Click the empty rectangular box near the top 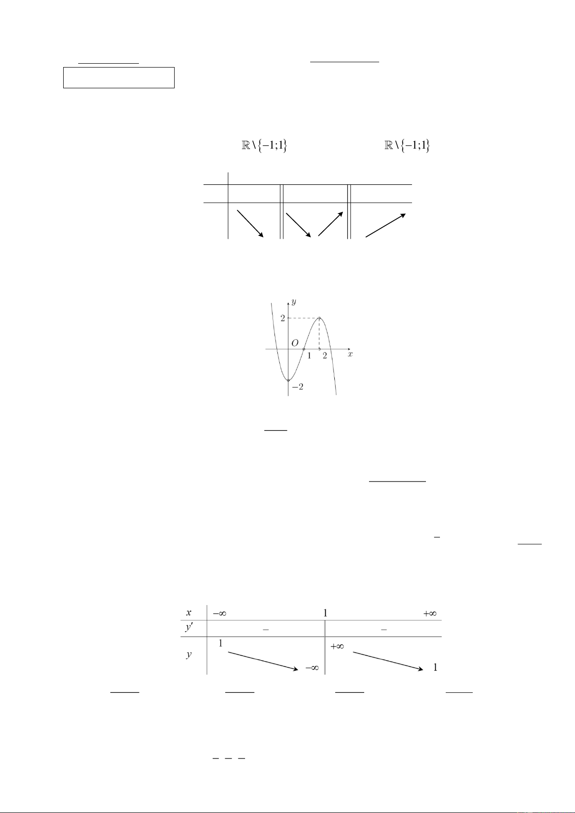point(119,77)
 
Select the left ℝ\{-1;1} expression point(264,146)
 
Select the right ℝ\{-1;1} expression point(407,146)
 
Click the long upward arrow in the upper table point(385,225)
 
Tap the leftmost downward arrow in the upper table point(250,223)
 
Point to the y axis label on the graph point(293,302)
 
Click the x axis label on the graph point(350,354)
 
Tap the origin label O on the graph point(295,343)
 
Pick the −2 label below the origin point(298,387)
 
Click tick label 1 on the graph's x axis point(309,356)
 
